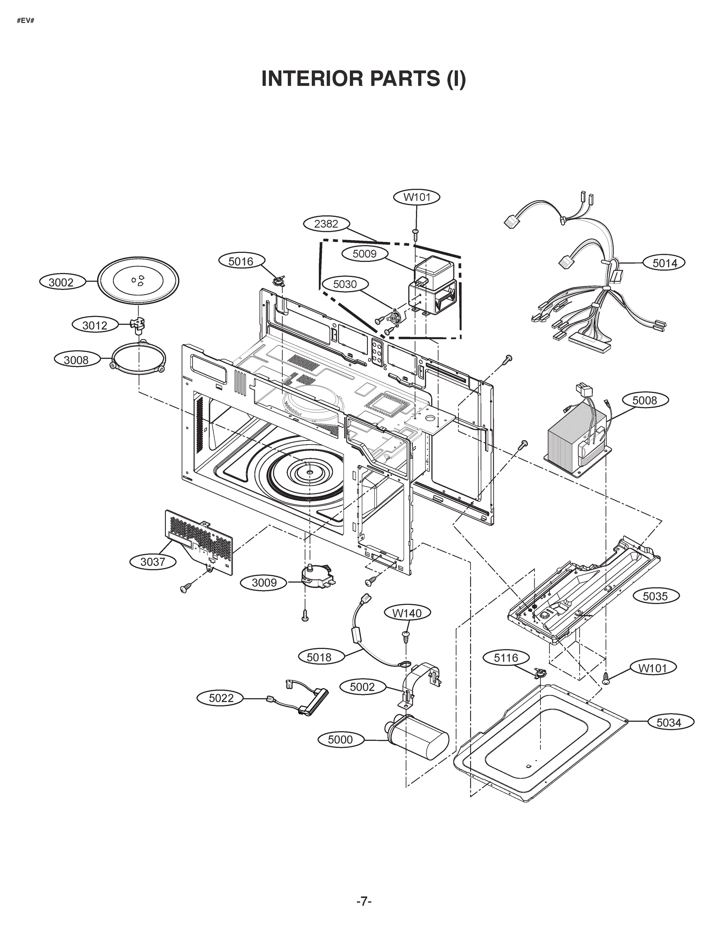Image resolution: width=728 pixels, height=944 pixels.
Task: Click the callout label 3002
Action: (61, 283)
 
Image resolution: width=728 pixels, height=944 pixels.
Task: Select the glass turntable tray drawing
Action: (138, 282)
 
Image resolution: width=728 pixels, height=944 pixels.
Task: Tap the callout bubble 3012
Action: (95, 325)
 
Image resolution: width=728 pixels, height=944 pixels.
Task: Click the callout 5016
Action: (241, 261)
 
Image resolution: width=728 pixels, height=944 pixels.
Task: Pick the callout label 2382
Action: (326, 224)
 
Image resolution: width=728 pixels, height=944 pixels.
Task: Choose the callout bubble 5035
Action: (655, 596)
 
